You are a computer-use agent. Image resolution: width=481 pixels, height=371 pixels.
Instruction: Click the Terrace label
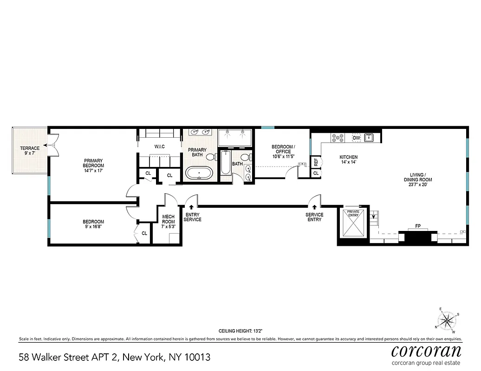[30, 148]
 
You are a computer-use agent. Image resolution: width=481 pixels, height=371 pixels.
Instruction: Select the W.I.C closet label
[160, 147]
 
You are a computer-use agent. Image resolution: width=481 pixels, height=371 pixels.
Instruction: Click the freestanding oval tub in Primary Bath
[200, 174]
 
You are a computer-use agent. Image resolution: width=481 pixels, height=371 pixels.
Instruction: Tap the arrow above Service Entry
[314, 207]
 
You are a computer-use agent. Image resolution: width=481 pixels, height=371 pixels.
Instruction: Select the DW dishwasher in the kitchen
[357, 138]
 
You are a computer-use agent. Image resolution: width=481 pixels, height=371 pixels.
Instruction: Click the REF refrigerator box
[316, 162]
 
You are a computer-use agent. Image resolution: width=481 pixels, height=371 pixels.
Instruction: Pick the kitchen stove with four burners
[337, 138]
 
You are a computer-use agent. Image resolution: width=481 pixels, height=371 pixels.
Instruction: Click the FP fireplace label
[418, 226]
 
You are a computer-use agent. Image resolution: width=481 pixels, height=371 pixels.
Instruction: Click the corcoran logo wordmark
[426, 350]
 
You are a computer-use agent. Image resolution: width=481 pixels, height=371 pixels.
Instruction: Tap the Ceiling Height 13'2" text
[240, 331]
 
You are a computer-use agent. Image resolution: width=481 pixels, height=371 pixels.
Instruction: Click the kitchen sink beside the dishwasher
[370, 137]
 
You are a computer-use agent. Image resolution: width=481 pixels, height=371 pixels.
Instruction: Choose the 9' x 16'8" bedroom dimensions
[93, 227]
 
